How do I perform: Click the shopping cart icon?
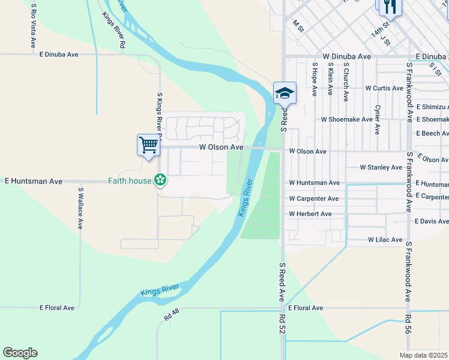(148, 145)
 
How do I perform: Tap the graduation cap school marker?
(285, 93)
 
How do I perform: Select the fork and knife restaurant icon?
(389, 7)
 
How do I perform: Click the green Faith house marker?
(160, 179)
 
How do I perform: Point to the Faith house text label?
(129, 180)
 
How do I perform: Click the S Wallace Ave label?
(80, 208)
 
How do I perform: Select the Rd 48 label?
(171, 313)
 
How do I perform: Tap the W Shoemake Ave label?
(346, 119)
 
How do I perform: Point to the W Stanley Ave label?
(381, 167)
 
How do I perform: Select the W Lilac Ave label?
(385, 240)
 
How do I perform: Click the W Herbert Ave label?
(310, 214)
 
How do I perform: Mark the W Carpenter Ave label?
(313, 198)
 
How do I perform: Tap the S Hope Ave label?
(314, 78)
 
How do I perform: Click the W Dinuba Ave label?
(346, 56)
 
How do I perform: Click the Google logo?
(20, 353)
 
